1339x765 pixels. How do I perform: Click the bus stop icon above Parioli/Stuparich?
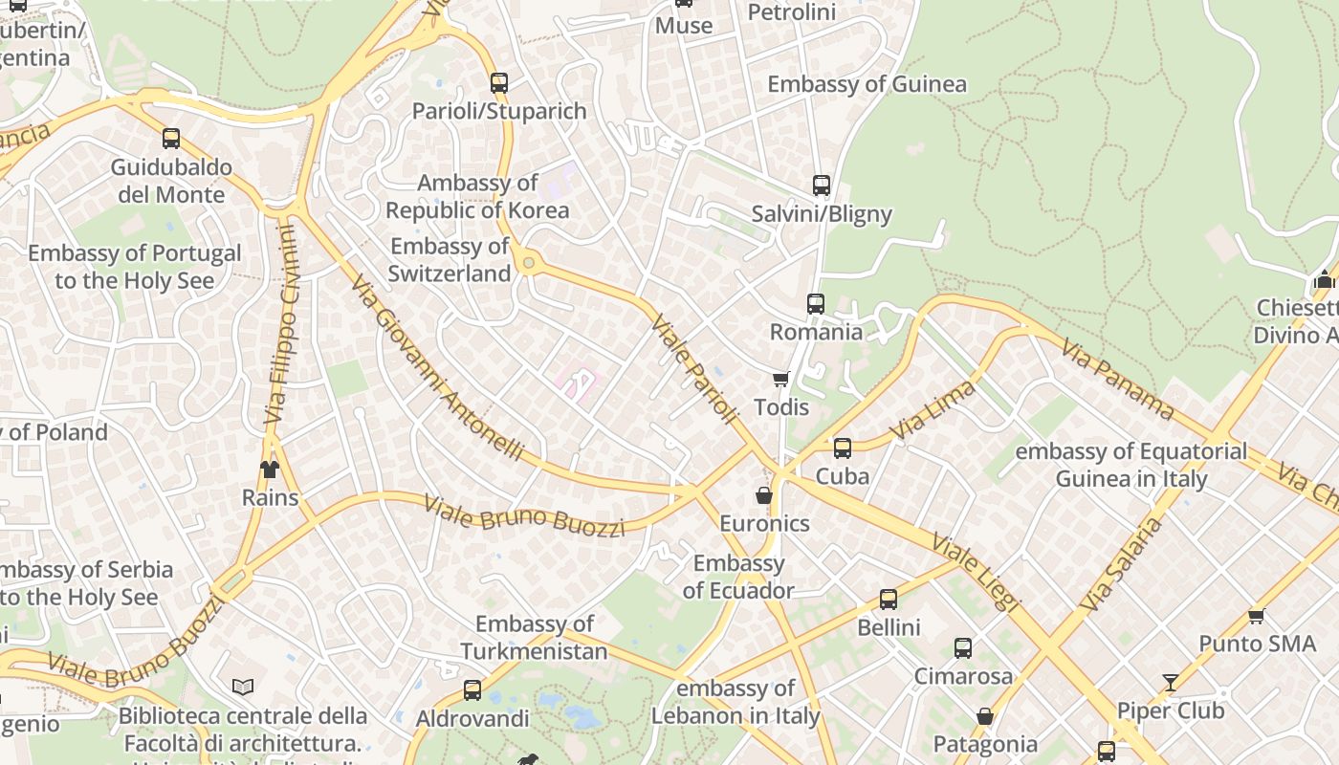pyautogui.click(x=498, y=82)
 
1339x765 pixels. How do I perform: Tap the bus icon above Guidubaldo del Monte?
pyautogui.click(x=171, y=139)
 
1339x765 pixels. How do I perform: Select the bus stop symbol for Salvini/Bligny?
pyautogui.click(x=821, y=186)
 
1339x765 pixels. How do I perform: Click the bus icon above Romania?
pyautogui.click(x=815, y=304)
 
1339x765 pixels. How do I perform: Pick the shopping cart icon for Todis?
pyautogui.click(x=780, y=380)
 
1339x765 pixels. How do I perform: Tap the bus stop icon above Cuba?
pyautogui.click(x=842, y=448)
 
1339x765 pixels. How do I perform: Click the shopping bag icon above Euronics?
pyautogui.click(x=763, y=495)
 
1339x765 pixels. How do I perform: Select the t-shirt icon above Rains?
pyautogui.click(x=269, y=470)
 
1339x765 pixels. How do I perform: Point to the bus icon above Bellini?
pyautogui.click(x=888, y=600)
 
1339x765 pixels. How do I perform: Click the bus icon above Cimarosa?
pyautogui.click(x=962, y=648)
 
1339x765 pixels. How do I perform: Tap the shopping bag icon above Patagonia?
pyautogui.click(x=984, y=716)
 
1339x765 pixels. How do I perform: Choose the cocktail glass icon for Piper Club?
pyautogui.click(x=1171, y=683)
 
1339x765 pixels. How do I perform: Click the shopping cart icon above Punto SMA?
pyautogui.click(x=1256, y=617)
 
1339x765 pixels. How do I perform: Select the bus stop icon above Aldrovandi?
pyautogui.click(x=472, y=690)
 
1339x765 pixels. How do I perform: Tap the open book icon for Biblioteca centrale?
pyautogui.click(x=243, y=688)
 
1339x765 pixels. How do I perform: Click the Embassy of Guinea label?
pyautogui.click(x=867, y=84)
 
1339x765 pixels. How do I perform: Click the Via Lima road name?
pyautogui.click(x=933, y=410)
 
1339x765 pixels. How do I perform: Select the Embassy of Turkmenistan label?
pyautogui.click(x=534, y=638)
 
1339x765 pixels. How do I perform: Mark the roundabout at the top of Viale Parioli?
pyautogui.click(x=527, y=262)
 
